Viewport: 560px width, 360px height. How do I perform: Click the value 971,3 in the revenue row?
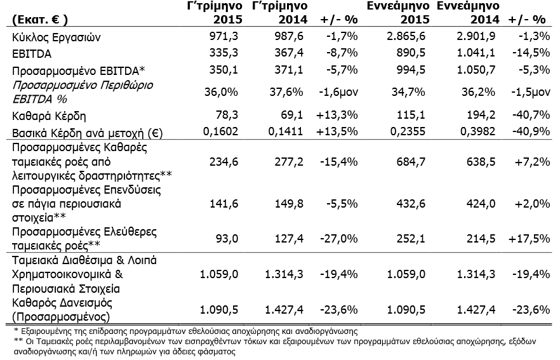click(x=223, y=36)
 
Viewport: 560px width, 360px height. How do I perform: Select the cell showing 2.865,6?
click(x=406, y=36)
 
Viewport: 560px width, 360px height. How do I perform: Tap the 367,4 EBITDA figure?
click(x=288, y=53)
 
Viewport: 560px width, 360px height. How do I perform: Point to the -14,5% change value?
click(x=531, y=53)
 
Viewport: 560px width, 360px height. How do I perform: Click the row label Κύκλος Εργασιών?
click(x=57, y=37)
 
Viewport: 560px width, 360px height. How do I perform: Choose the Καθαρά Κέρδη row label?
click(x=49, y=116)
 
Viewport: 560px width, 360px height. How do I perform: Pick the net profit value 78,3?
click(x=227, y=115)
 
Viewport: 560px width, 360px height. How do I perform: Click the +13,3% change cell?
click(x=337, y=115)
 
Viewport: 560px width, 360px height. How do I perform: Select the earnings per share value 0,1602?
click(x=220, y=131)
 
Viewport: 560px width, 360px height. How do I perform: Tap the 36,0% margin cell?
click(x=221, y=92)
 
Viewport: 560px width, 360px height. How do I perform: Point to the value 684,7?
click(x=411, y=162)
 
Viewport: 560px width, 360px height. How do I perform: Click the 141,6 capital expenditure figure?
click(x=223, y=204)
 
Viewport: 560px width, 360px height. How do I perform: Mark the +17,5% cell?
click(x=530, y=238)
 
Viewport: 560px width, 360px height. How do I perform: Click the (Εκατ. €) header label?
click(x=39, y=19)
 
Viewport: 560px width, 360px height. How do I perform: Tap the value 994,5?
click(x=411, y=70)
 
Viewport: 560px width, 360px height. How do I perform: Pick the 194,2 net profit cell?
click(x=481, y=115)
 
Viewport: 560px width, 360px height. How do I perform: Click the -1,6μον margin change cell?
click(x=338, y=92)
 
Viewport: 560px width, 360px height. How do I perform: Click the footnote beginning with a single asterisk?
click(x=185, y=331)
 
